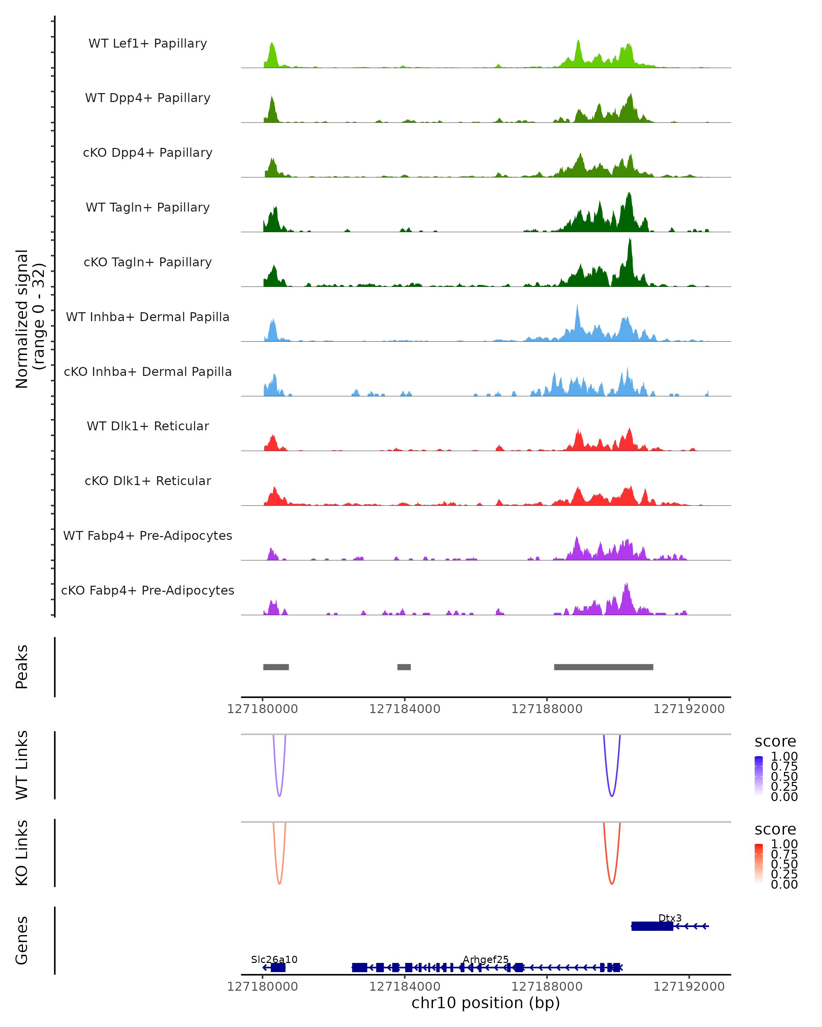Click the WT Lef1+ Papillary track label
coord(148,43)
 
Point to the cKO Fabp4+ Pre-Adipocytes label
coord(148,590)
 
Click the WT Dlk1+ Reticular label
coord(148,426)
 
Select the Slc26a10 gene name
coord(274,959)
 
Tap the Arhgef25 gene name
coord(486,959)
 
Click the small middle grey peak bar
coord(404,667)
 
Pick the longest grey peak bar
coord(603,667)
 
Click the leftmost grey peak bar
coord(276,667)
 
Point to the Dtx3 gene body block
coord(652,926)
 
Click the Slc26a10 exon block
coord(278,967)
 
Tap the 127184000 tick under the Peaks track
coord(404,709)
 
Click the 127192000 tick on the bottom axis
coord(688,987)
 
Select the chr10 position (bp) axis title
coord(486,1003)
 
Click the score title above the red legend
coord(775,829)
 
